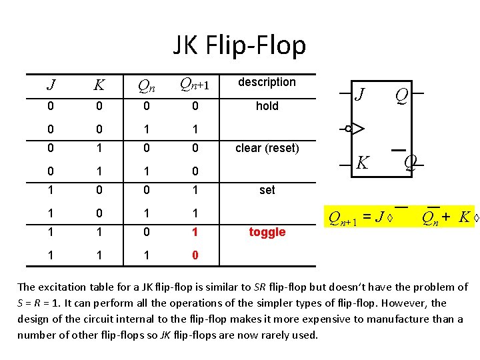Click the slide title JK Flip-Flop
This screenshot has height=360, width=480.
239,45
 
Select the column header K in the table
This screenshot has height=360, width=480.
99,85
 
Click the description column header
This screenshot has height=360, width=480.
267,82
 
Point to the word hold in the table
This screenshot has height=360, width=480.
267,106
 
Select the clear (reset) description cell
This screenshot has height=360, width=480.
267,148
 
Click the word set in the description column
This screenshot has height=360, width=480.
267,190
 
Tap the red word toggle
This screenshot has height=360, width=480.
267,232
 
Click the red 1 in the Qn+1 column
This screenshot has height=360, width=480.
195,232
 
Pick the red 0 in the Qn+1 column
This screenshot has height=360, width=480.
195,255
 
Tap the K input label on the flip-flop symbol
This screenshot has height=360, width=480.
363,162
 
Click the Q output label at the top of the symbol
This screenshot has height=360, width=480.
402,97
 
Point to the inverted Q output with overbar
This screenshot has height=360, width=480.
411,161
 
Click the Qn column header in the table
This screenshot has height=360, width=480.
147,85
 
